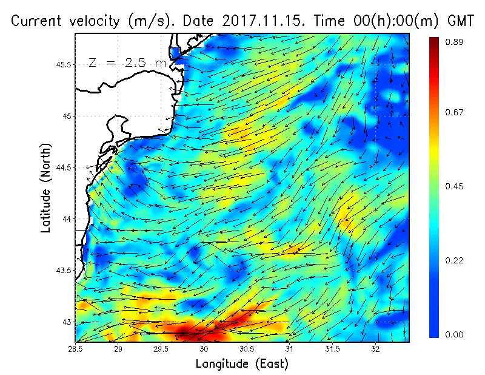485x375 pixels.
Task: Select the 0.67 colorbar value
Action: point(455,112)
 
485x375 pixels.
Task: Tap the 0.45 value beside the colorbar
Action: point(455,186)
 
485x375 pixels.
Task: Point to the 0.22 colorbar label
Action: point(455,260)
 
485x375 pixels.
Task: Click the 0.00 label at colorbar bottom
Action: point(455,334)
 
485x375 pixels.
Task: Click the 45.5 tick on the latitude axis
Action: point(62,64)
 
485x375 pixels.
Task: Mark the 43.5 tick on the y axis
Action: point(62,270)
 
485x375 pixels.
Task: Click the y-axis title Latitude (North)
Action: point(46,188)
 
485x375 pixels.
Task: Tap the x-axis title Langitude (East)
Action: point(242,364)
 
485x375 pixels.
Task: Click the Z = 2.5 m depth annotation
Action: point(127,63)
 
